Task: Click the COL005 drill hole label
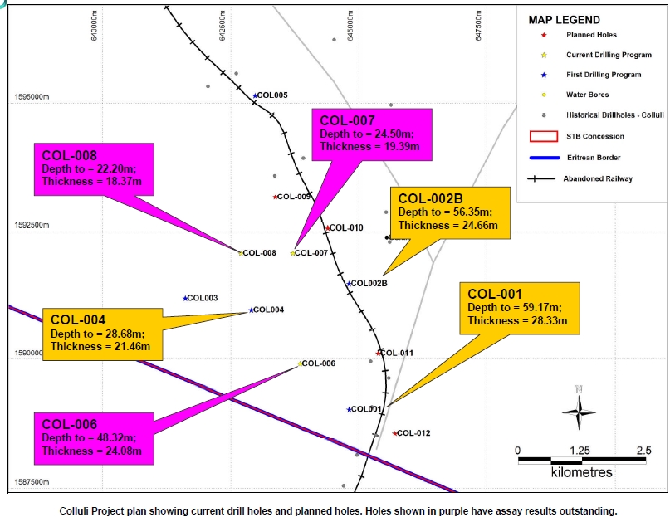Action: [272, 95]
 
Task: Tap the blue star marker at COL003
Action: [185, 298]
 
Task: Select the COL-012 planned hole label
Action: [413, 433]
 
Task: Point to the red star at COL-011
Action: [379, 354]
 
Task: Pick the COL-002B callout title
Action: [430, 198]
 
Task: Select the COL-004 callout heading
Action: [77, 319]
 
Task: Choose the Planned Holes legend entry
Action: [591, 35]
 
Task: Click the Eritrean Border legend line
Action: [544, 157]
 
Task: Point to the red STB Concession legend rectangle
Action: [544, 136]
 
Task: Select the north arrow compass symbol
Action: [579, 407]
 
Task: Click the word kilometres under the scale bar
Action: [581, 472]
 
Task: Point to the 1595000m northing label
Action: [32, 97]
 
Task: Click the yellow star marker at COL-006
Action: [300, 363]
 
